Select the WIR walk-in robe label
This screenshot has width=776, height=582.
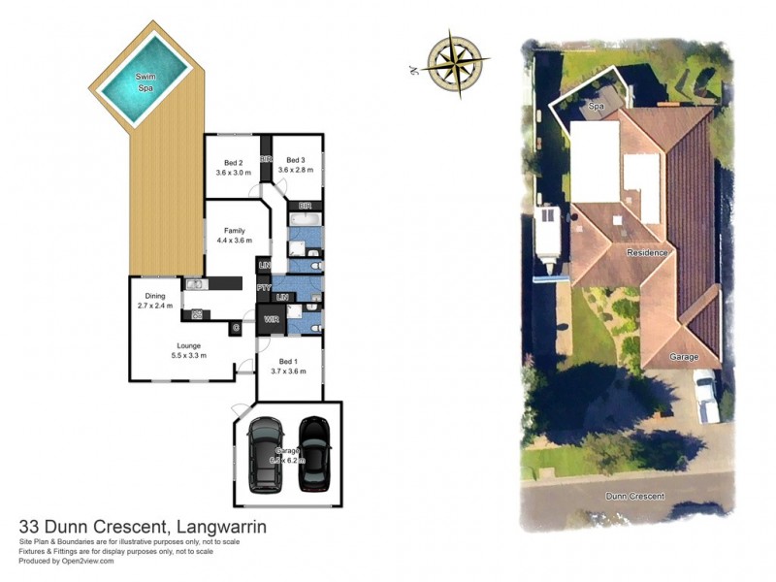[269, 318]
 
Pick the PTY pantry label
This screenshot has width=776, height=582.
[263, 288]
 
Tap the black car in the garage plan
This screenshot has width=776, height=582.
[314, 451]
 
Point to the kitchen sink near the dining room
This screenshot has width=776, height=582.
[193, 284]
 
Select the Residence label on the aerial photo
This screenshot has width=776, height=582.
[647, 253]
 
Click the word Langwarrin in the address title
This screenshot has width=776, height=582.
[219, 527]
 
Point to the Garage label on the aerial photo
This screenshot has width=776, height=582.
[683, 357]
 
